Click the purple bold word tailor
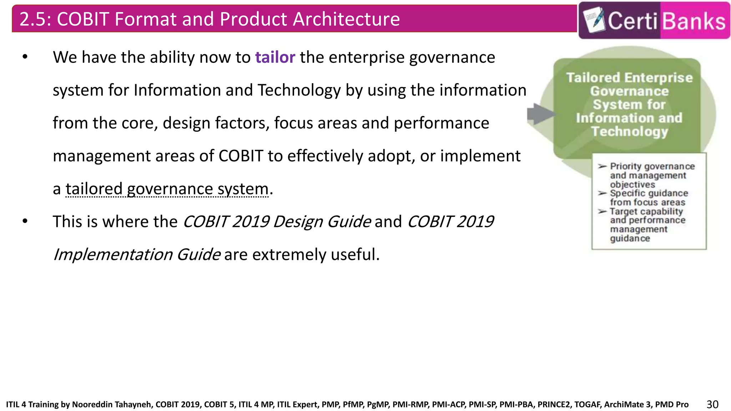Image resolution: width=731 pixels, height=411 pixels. click(275, 57)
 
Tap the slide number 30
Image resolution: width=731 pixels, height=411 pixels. click(712, 404)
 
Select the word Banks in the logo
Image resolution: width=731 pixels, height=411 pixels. click(694, 21)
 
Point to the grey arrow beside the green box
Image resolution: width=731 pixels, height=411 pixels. click(540, 114)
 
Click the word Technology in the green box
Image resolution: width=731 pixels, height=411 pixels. click(629, 132)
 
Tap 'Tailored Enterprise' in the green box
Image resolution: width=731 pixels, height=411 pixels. click(629, 77)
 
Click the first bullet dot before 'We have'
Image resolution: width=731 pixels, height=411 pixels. click(25, 57)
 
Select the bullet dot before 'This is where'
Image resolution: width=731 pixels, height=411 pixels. click(25, 222)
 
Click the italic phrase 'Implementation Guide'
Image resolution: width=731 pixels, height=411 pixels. click(137, 255)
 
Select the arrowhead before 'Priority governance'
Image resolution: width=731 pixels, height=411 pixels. click(602, 166)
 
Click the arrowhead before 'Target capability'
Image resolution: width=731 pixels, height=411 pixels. click(602, 211)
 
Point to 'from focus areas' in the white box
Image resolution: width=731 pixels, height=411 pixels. click(647, 202)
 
